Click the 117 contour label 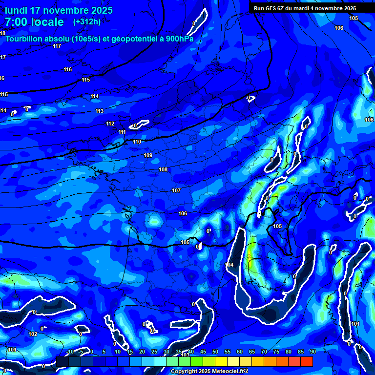pyautogui.click(x=57, y=46)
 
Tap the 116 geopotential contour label pyautogui.click(x=68, y=70)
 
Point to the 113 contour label pyautogui.click(x=100, y=111)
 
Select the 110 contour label pyautogui.click(x=137, y=142)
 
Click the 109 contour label pyautogui.click(x=148, y=156)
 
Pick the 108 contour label pyautogui.click(x=163, y=170)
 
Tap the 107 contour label pyautogui.click(x=176, y=191)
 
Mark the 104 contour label pyautogui.click(x=229, y=265)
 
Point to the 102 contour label pyautogui.click(x=33, y=334)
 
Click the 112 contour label pyautogui.click(x=110, y=124)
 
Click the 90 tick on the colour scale pyautogui.click(x=312, y=352)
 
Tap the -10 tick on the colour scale pyautogui.click(x=70, y=352)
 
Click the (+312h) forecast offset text pyautogui.click(x=87, y=21)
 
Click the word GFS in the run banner pyautogui.click(x=272, y=8)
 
